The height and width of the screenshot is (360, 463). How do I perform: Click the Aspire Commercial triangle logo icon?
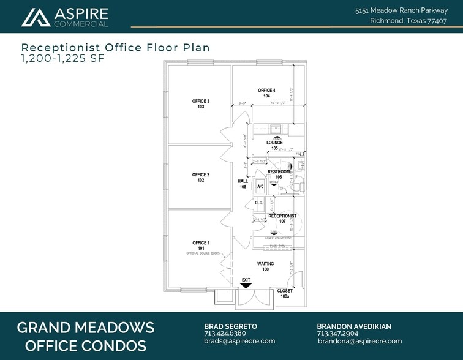tap(36, 18)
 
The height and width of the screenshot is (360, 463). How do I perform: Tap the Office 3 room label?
tap(201, 104)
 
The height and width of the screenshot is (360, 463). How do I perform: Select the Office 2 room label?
tap(201, 178)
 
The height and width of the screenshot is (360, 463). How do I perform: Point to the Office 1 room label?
tap(201, 246)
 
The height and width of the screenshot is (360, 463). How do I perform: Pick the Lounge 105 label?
tap(274, 145)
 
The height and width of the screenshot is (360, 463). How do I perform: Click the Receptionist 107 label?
tap(282, 219)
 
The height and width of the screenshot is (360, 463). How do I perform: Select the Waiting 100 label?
tap(266, 266)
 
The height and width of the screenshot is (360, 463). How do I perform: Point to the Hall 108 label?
tap(243, 184)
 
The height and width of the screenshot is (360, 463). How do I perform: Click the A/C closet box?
tap(260, 186)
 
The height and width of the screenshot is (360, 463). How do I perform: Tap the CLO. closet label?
tap(259, 202)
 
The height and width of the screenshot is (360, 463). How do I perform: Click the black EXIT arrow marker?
tap(246, 285)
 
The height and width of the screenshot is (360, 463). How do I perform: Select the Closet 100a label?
tap(285, 293)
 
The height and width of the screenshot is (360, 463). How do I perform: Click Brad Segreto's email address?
tap(239, 341)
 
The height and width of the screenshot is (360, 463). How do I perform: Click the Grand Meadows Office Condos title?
tap(85, 336)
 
